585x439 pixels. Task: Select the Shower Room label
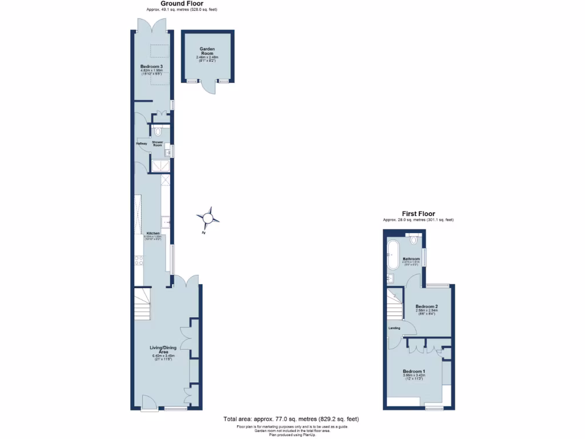click(158, 143)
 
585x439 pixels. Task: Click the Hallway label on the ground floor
click(142, 143)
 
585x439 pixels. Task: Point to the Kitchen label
click(153, 233)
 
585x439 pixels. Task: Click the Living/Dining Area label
click(162, 350)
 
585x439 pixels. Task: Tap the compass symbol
click(208, 218)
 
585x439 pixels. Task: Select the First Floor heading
click(418, 214)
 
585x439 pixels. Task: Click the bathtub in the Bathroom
click(393, 254)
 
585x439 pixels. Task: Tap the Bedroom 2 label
click(427, 306)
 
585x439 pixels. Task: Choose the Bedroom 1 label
click(414, 371)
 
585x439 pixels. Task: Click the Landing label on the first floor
click(394, 328)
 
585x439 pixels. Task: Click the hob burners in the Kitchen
click(138, 260)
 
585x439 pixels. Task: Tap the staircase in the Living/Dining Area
click(141, 302)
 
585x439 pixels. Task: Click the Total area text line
click(291, 419)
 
